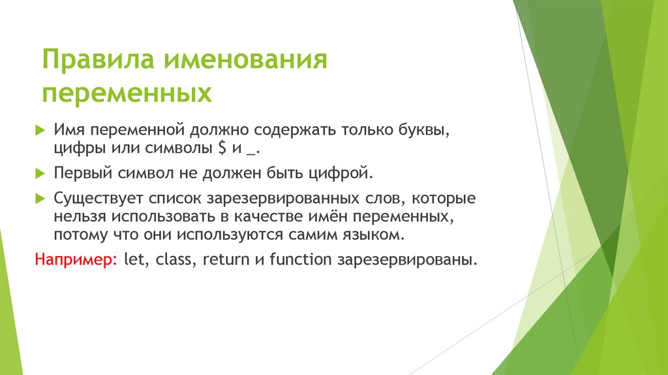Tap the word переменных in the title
[127, 93]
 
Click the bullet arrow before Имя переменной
[40, 130]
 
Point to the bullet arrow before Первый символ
[40, 174]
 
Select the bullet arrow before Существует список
[40, 198]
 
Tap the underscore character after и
[251, 152]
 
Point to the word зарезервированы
[407, 259]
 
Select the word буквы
[426, 130]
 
